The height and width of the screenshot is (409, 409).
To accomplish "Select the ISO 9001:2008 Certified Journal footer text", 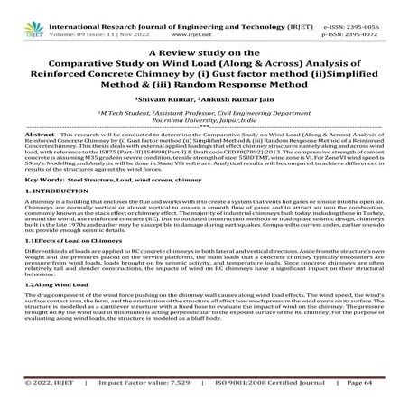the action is click(x=246, y=395).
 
